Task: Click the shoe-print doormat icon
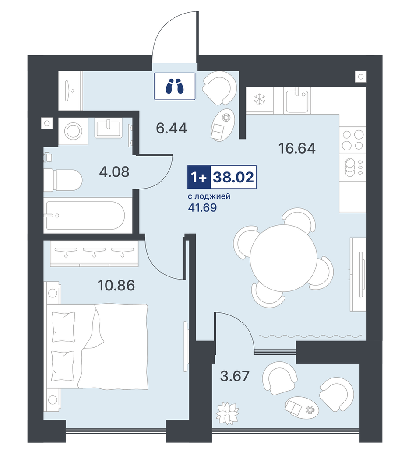[175, 86]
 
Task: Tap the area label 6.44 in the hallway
[172, 128]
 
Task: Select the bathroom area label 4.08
[114, 172]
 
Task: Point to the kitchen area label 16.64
[297, 148]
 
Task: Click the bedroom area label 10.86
[116, 285]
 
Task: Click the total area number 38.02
[233, 177]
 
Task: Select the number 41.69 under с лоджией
[202, 208]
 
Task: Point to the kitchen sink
[297, 101]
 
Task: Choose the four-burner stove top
[353, 140]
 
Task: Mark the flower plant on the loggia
[227, 413]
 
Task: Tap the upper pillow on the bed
[63, 327]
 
